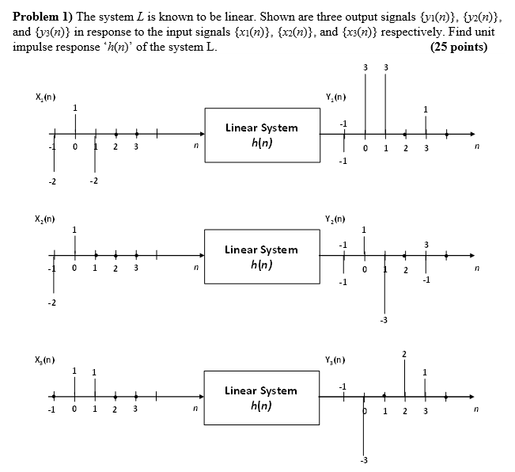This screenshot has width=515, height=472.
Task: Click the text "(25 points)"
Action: [458, 47]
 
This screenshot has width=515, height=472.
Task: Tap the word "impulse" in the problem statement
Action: [35, 47]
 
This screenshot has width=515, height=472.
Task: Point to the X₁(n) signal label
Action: [44, 97]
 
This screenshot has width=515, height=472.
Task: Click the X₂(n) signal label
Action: [44, 217]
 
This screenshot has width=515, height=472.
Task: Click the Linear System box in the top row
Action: [261, 135]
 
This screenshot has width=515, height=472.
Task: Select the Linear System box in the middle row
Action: [261, 257]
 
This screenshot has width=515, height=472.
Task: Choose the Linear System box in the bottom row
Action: [261, 398]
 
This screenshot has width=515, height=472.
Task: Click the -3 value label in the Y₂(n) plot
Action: [384, 320]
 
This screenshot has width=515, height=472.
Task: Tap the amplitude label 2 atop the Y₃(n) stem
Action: [404, 352]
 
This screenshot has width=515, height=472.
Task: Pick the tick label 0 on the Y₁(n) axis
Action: [365, 147]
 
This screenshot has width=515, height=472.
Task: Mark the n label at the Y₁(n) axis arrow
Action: [476, 147]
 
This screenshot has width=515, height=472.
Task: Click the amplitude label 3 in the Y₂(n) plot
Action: [426, 244]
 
